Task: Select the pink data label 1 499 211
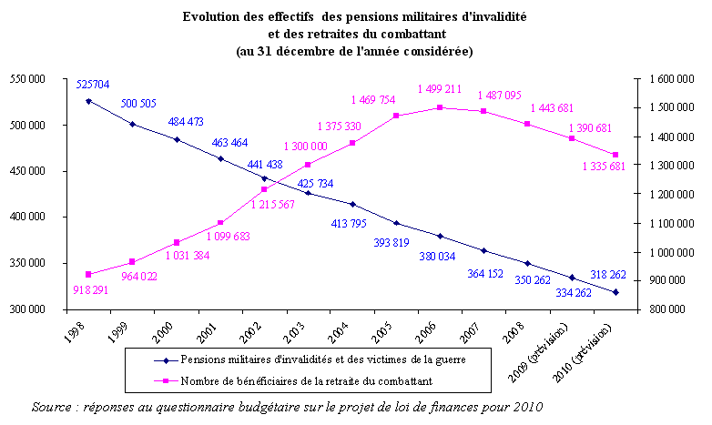point(439,89)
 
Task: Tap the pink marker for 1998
point(88,274)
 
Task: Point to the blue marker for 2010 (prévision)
point(615,292)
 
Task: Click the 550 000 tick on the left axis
point(28,79)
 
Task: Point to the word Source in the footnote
point(51,405)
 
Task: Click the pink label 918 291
point(93,290)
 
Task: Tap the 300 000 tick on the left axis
point(28,310)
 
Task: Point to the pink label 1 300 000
point(307,147)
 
